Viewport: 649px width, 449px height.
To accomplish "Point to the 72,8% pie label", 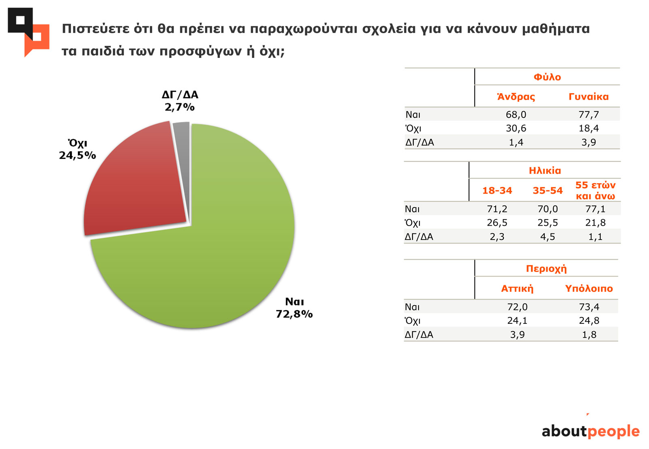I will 294,314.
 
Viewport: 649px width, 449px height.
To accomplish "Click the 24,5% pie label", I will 77,155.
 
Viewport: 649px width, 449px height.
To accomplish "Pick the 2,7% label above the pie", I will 180,107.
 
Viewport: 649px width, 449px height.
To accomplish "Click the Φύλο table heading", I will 547,77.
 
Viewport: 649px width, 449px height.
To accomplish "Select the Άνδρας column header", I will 516,97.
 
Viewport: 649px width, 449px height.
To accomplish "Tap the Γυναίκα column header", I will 589,97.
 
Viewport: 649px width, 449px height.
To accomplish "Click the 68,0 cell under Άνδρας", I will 516,115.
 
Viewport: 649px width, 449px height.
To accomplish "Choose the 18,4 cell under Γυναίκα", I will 589,128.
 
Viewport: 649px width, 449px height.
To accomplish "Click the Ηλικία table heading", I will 545,171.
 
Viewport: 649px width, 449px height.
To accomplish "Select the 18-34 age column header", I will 497,190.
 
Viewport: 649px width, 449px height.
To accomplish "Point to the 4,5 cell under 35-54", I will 548,237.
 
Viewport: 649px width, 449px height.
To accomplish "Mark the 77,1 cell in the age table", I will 595,209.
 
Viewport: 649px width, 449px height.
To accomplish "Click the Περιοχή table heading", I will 546,269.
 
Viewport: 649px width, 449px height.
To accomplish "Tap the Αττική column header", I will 517,289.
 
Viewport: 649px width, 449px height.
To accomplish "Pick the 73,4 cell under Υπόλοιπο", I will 589,307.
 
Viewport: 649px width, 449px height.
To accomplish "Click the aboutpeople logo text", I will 591,431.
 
